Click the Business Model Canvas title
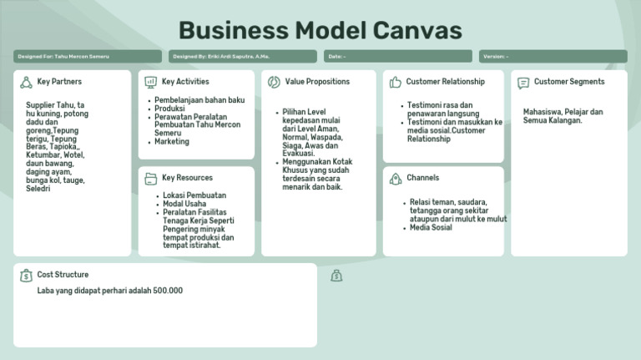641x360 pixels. point(320,30)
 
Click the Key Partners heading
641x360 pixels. point(59,82)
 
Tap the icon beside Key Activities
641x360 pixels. point(150,82)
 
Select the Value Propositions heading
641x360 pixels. point(317,82)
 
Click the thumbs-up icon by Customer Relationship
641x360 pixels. point(395,82)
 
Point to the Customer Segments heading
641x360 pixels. point(569,82)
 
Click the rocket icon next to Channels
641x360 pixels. point(395,178)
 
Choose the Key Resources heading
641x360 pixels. point(187,178)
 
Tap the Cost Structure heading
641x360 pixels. point(63,275)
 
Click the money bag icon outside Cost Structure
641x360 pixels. point(336,276)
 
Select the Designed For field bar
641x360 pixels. point(88,57)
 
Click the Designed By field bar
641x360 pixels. point(244,57)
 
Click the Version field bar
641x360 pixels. point(553,57)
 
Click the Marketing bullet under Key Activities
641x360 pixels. point(172,142)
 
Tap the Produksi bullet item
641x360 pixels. point(169,109)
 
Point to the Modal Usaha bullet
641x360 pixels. point(184,205)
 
